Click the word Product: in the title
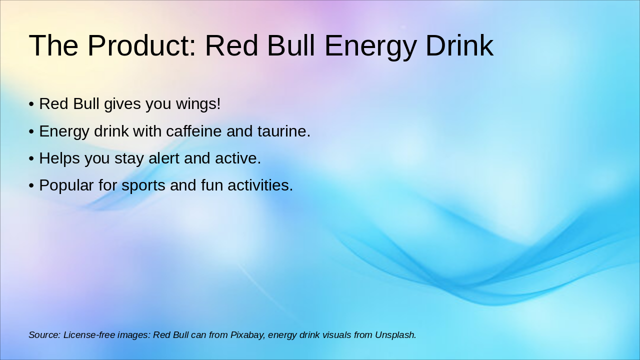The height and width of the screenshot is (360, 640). pyautogui.click(x=142, y=45)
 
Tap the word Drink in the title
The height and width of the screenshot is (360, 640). pyautogui.click(x=459, y=45)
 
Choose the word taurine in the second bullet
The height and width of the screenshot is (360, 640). pyautogui.click(x=283, y=131)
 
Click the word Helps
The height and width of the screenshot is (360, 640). pyautogui.click(x=59, y=158)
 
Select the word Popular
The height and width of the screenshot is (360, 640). pyautogui.click(x=66, y=185)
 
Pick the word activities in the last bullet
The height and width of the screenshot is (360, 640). pyautogui.click(x=260, y=185)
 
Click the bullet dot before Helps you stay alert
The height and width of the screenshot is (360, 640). pyautogui.click(x=31, y=158)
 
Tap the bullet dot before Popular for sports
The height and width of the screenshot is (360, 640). pyautogui.click(x=31, y=185)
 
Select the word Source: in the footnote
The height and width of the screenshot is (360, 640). pyautogui.click(x=44, y=335)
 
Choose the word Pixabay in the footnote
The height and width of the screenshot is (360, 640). pyautogui.click(x=247, y=335)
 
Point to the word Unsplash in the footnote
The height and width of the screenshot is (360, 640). pyautogui.click(x=395, y=335)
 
